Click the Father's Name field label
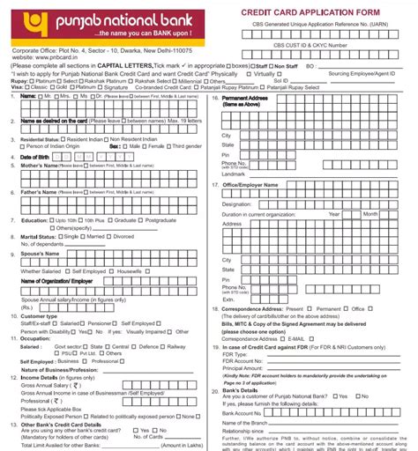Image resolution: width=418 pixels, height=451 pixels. [x=40, y=192]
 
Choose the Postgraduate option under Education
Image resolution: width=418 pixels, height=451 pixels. [x=161, y=219]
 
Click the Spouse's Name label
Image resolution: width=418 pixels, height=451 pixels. [x=41, y=254]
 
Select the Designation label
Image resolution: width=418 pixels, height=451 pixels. [x=240, y=203]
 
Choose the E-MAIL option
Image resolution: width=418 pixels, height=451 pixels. [x=295, y=338]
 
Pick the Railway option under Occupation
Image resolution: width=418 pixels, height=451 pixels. [x=177, y=347]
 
